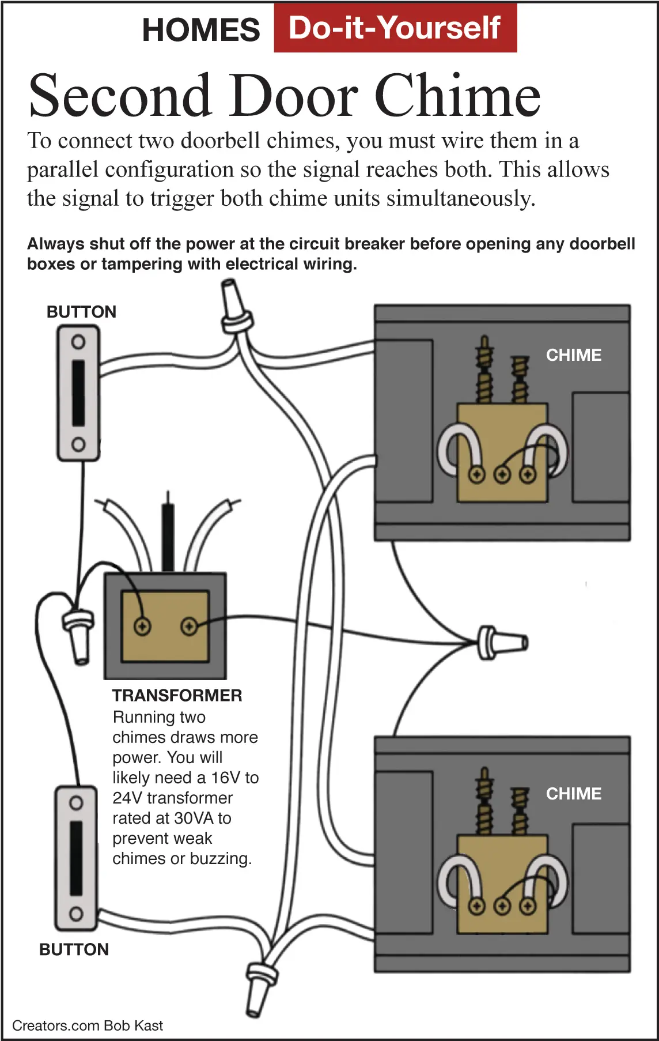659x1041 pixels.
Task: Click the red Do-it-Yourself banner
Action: [395, 28]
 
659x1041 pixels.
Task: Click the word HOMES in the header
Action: [201, 30]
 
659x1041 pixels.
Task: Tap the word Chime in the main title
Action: [458, 95]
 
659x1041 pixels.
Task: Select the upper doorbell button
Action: [78, 393]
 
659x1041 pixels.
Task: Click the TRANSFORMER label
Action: [177, 695]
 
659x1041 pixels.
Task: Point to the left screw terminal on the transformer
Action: [142, 626]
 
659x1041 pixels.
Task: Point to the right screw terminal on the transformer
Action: [189, 626]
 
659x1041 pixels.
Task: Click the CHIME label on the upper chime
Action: [574, 355]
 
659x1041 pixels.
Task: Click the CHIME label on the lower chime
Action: [574, 794]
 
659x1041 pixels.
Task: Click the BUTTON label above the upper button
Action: [81, 312]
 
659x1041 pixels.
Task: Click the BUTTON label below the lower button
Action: [74, 949]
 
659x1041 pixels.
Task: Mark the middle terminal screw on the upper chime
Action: [502, 475]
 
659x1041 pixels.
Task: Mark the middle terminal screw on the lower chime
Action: [502, 907]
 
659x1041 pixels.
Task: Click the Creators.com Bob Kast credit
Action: [88, 1025]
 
